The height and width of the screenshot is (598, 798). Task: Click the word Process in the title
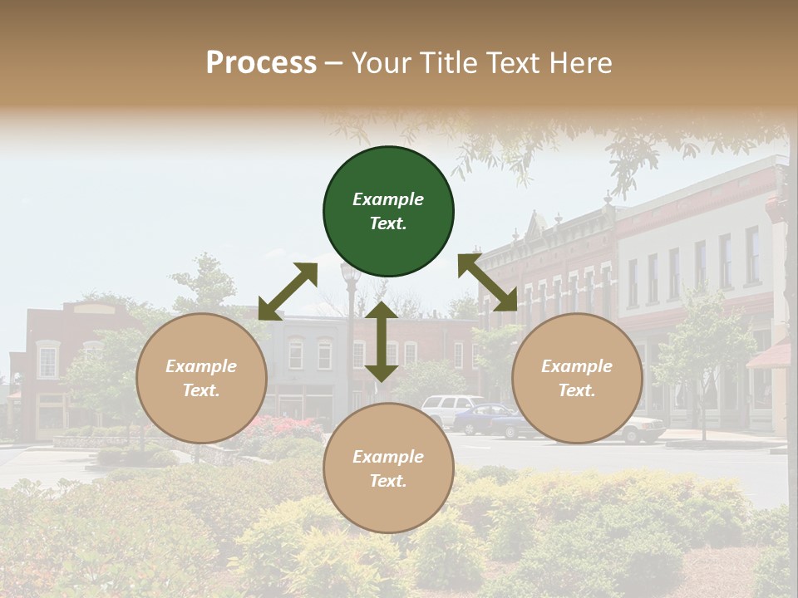(261, 63)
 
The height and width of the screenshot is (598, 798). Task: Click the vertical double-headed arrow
(382, 341)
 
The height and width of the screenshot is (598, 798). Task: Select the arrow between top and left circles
(288, 292)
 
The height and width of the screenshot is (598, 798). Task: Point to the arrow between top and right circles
(488, 283)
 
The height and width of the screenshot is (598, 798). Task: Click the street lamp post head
(350, 271)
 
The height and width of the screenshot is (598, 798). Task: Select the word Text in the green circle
(388, 223)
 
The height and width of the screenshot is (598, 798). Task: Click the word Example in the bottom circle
(388, 457)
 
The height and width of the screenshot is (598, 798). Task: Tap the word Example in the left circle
(201, 366)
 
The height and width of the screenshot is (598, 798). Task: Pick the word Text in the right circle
(577, 390)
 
